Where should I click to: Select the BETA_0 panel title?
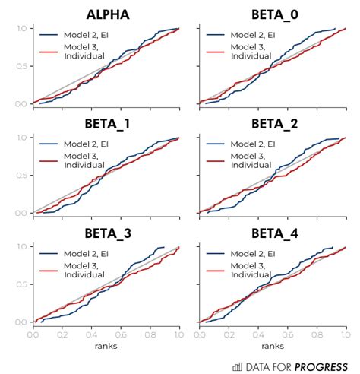pos(272,14)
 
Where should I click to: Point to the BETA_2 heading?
pos(272,123)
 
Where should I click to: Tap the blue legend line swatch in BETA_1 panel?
pos(50,144)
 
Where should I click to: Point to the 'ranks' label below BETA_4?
pos(272,347)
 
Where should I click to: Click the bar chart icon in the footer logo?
pos(237,366)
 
